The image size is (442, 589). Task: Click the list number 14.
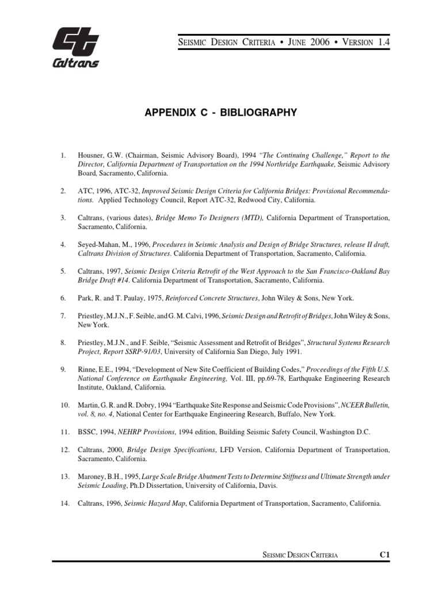64,503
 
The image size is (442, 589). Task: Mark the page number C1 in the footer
385,554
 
